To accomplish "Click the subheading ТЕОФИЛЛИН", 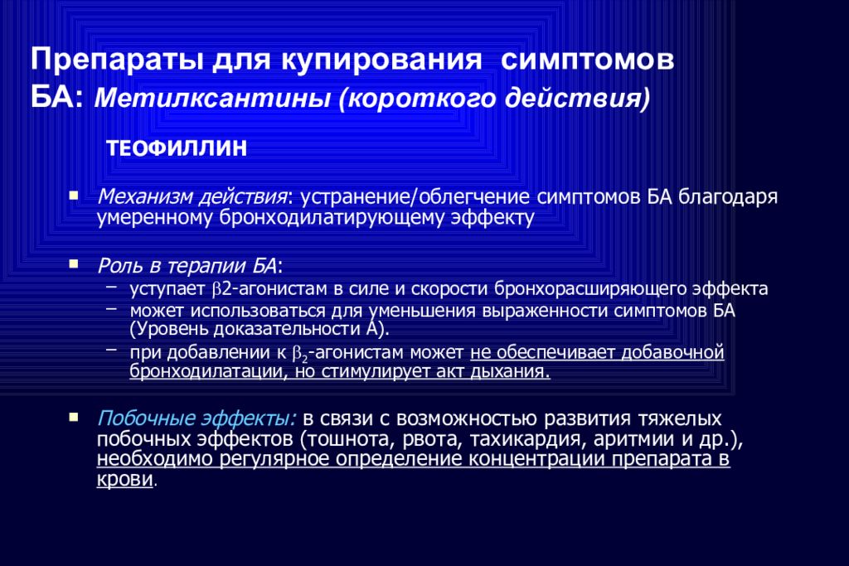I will click(177, 148).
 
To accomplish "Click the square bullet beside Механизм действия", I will click(74, 197).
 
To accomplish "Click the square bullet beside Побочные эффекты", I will click(74, 414).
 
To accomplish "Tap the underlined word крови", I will click(125, 480).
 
